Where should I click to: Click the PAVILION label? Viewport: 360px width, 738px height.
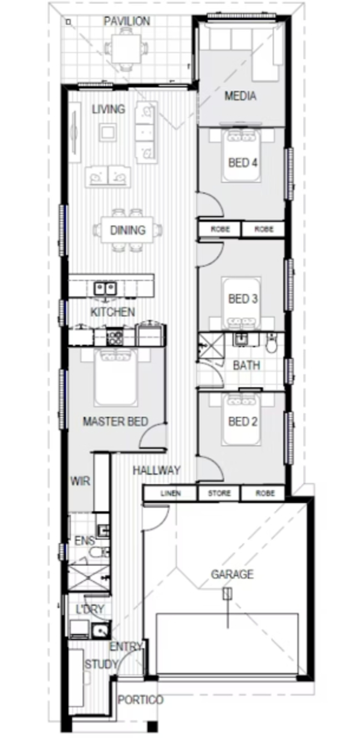tap(127, 21)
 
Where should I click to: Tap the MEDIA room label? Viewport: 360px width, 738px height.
tap(240, 96)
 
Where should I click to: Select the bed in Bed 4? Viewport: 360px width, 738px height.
tap(242, 155)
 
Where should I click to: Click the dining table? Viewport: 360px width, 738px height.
tap(128, 230)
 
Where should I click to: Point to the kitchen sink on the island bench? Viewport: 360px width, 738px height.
tap(105, 288)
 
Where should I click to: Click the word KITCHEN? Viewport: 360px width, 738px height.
tap(113, 312)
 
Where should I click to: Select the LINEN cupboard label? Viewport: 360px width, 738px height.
tap(170, 493)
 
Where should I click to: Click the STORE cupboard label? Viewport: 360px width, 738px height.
tap(219, 493)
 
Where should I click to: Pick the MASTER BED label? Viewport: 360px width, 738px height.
tap(116, 422)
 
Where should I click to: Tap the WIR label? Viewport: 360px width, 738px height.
tap(80, 481)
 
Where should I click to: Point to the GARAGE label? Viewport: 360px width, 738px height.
tap(232, 574)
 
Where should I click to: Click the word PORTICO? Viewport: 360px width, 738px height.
tap(141, 700)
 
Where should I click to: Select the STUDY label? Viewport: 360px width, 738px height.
tap(101, 665)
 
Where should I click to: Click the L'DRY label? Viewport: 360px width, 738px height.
tap(90, 609)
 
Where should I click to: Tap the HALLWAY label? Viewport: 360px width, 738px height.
tap(156, 470)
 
